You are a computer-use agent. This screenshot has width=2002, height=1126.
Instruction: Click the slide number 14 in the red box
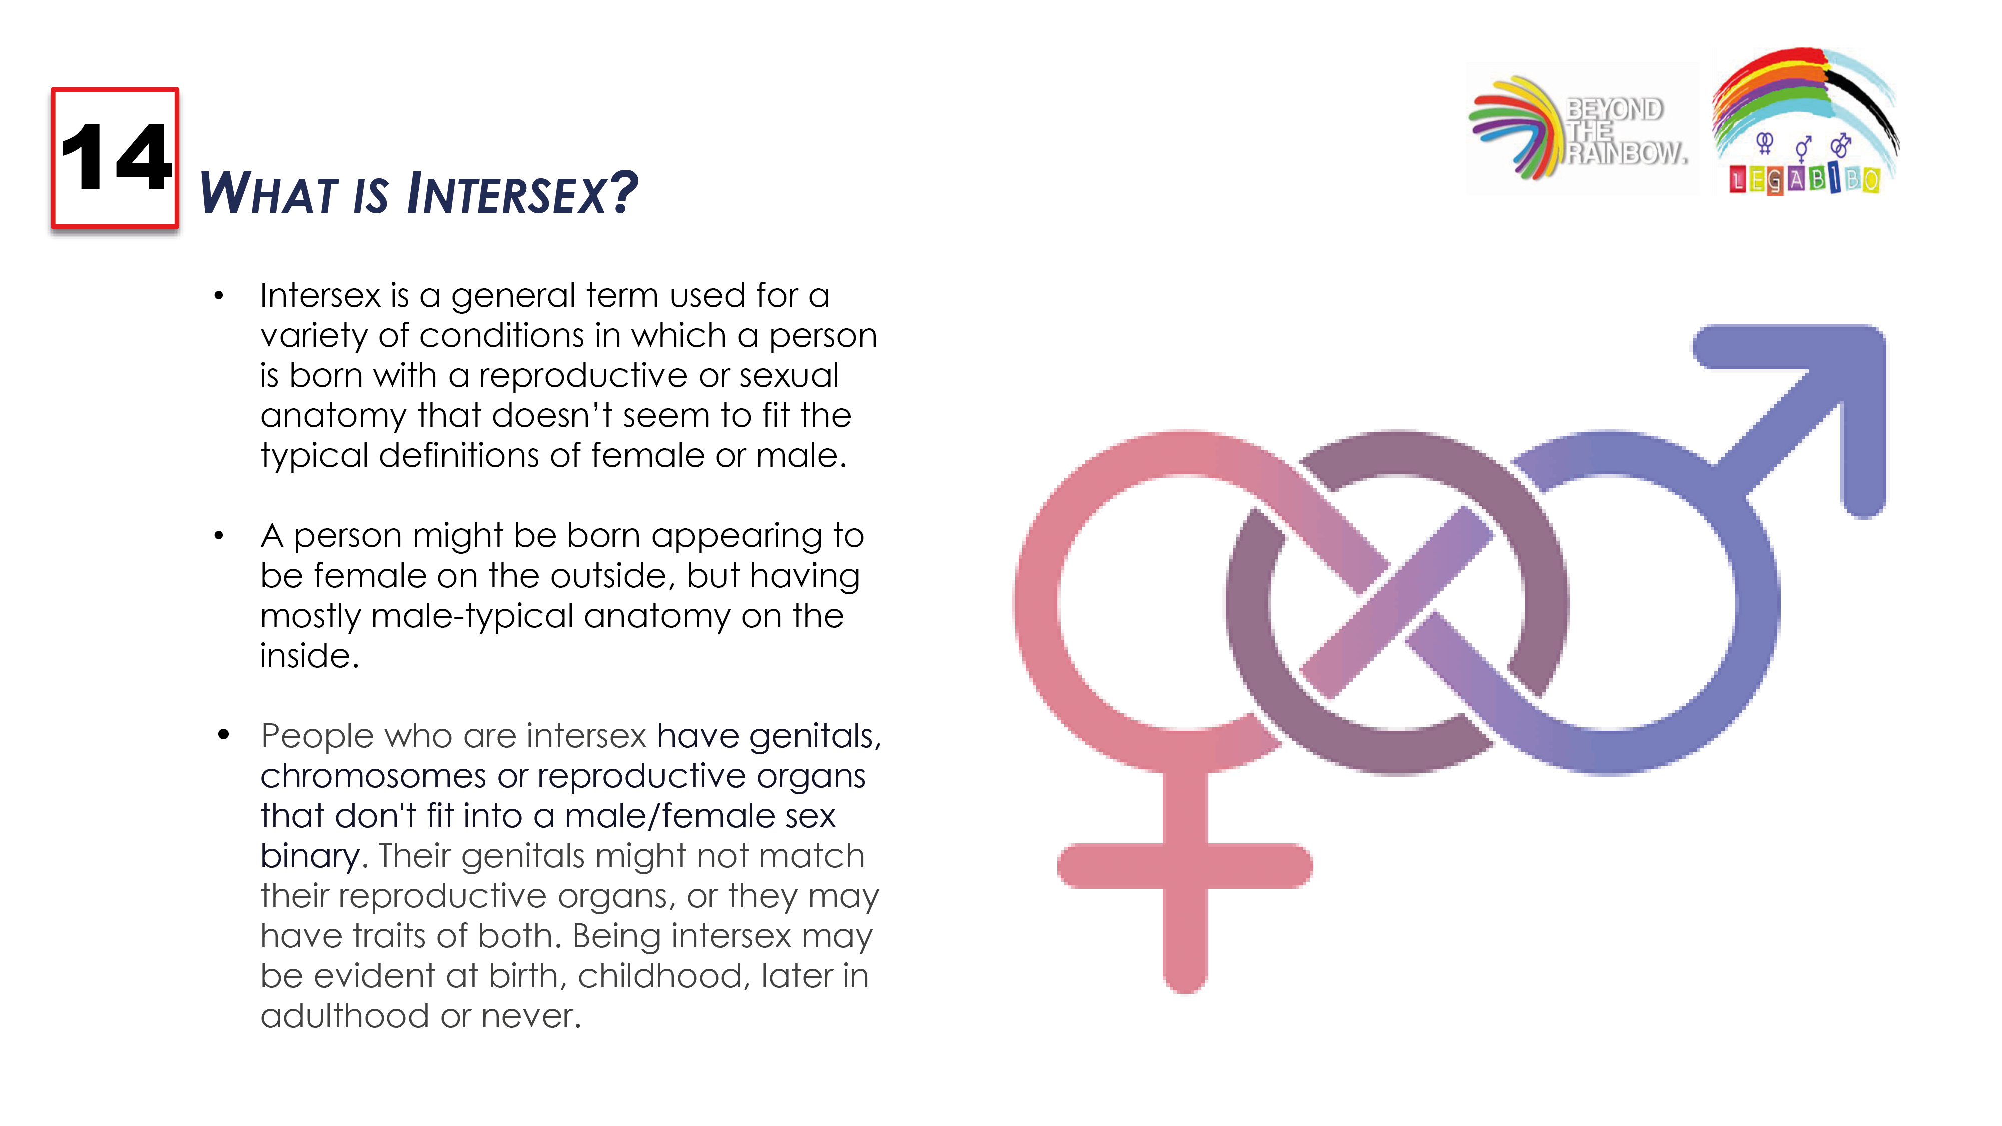coord(115,157)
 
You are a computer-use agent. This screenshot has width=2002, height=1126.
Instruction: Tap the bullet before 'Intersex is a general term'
coord(219,295)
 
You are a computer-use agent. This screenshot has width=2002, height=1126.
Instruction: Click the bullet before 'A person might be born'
coord(219,535)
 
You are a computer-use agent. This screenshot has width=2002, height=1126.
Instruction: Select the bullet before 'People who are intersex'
coord(224,734)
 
